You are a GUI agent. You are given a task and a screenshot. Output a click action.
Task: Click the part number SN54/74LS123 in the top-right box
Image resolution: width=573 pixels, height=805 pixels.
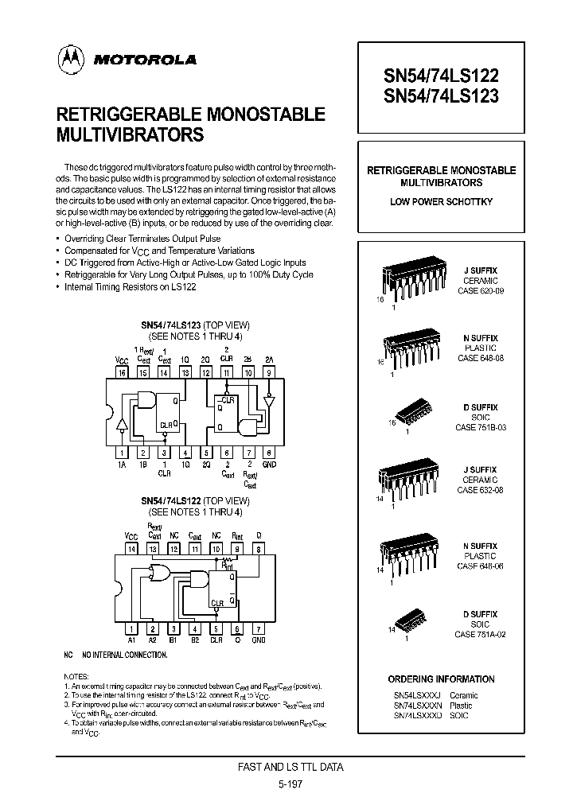tap(442, 96)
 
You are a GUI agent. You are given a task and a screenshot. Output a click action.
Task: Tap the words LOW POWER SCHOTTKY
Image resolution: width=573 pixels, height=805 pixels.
tap(441, 202)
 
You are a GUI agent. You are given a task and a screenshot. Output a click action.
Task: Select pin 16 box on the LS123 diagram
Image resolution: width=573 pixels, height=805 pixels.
tap(122, 371)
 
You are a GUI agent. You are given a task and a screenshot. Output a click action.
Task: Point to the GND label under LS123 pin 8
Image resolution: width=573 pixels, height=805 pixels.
tap(269, 464)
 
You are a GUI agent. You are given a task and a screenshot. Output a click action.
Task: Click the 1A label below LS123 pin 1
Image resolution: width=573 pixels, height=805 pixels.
tap(122, 464)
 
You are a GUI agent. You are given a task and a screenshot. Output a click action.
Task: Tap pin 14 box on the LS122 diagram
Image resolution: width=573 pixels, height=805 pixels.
tap(132, 548)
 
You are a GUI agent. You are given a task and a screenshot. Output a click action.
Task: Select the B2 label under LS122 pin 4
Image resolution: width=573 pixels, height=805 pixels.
tap(194, 639)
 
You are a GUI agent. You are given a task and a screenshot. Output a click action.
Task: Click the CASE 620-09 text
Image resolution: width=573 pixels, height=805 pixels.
tap(480, 291)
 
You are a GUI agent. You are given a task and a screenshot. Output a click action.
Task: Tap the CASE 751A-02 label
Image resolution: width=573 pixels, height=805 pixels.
tap(480, 634)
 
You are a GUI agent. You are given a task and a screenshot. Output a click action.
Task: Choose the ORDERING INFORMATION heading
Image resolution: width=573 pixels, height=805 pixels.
tap(441, 679)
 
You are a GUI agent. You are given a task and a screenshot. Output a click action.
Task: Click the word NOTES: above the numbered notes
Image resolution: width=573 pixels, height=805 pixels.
tap(76, 675)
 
